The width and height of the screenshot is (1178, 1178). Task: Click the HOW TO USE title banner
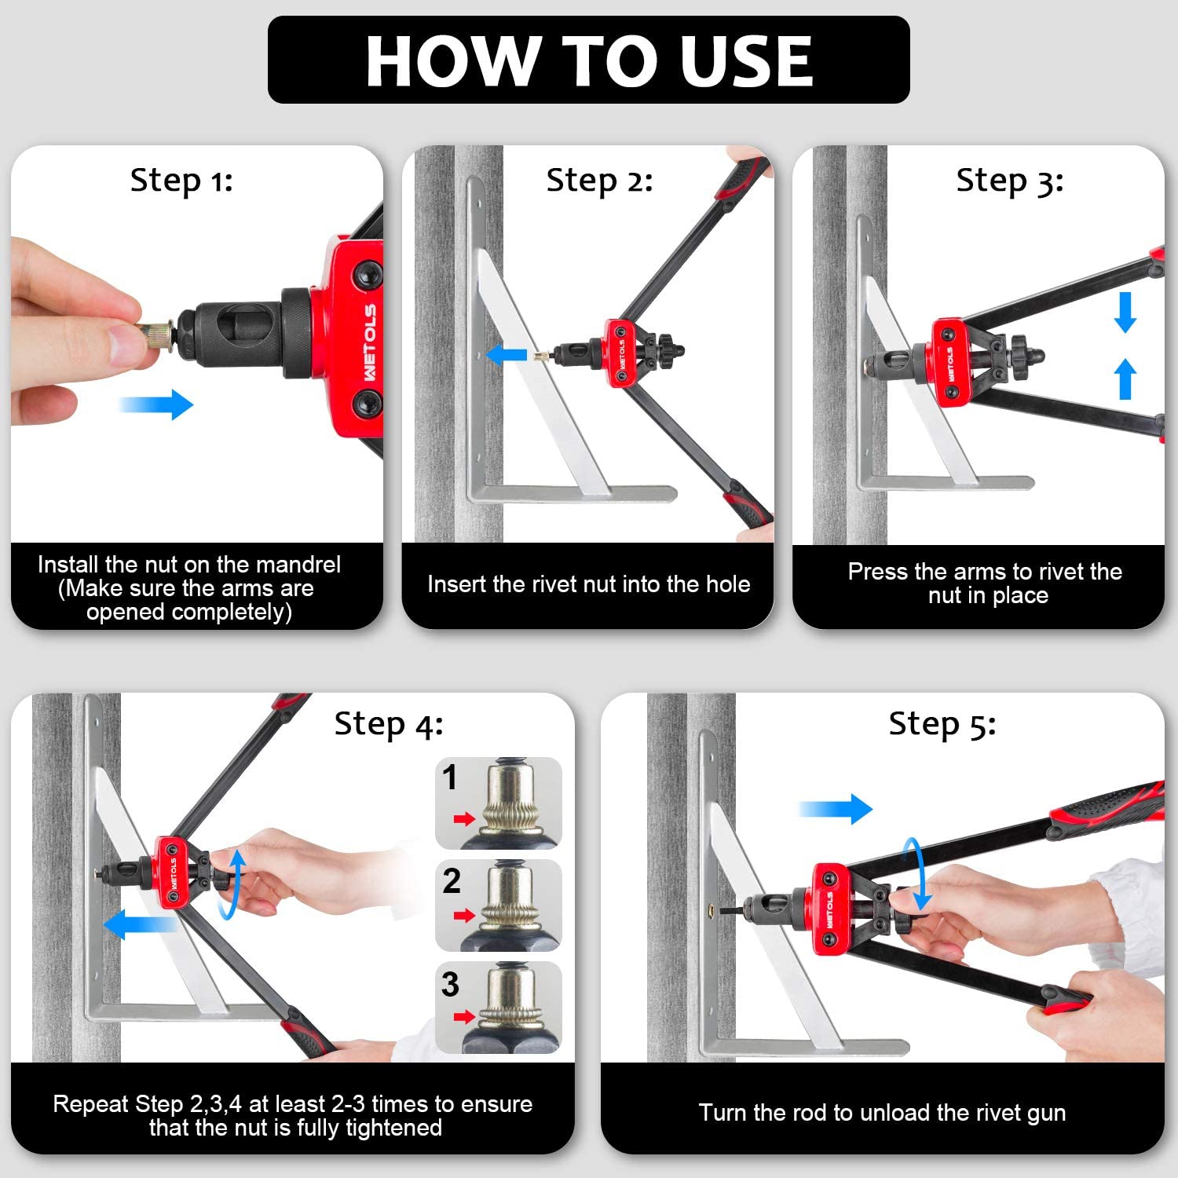tap(589, 60)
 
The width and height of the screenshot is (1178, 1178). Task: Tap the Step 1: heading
tap(181, 181)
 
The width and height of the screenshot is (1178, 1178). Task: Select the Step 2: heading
tap(599, 181)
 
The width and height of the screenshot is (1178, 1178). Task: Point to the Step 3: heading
tap(1010, 181)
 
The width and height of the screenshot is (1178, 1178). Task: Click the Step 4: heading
tap(389, 724)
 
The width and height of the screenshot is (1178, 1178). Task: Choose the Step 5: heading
tap(942, 724)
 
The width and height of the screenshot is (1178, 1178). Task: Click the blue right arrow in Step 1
tap(155, 404)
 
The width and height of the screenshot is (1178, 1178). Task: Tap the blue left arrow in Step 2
tap(507, 355)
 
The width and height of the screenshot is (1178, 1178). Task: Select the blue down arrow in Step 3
tap(1125, 312)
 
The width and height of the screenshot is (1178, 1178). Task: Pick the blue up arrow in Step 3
tap(1125, 379)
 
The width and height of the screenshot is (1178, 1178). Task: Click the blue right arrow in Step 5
tap(836, 809)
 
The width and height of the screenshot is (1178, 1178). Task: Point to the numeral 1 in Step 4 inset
tap(449, 778)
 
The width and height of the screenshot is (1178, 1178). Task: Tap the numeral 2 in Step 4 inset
tap(451, 881)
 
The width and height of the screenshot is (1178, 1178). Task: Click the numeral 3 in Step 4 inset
tap(450, 984)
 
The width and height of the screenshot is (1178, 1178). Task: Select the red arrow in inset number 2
tap(465, 916)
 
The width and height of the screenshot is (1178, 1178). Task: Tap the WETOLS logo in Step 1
tap(370, 343)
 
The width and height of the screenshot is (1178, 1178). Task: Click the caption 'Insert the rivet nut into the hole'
tap(588, 584)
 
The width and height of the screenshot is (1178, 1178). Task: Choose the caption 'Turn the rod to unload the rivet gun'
tap(883, 1113)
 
